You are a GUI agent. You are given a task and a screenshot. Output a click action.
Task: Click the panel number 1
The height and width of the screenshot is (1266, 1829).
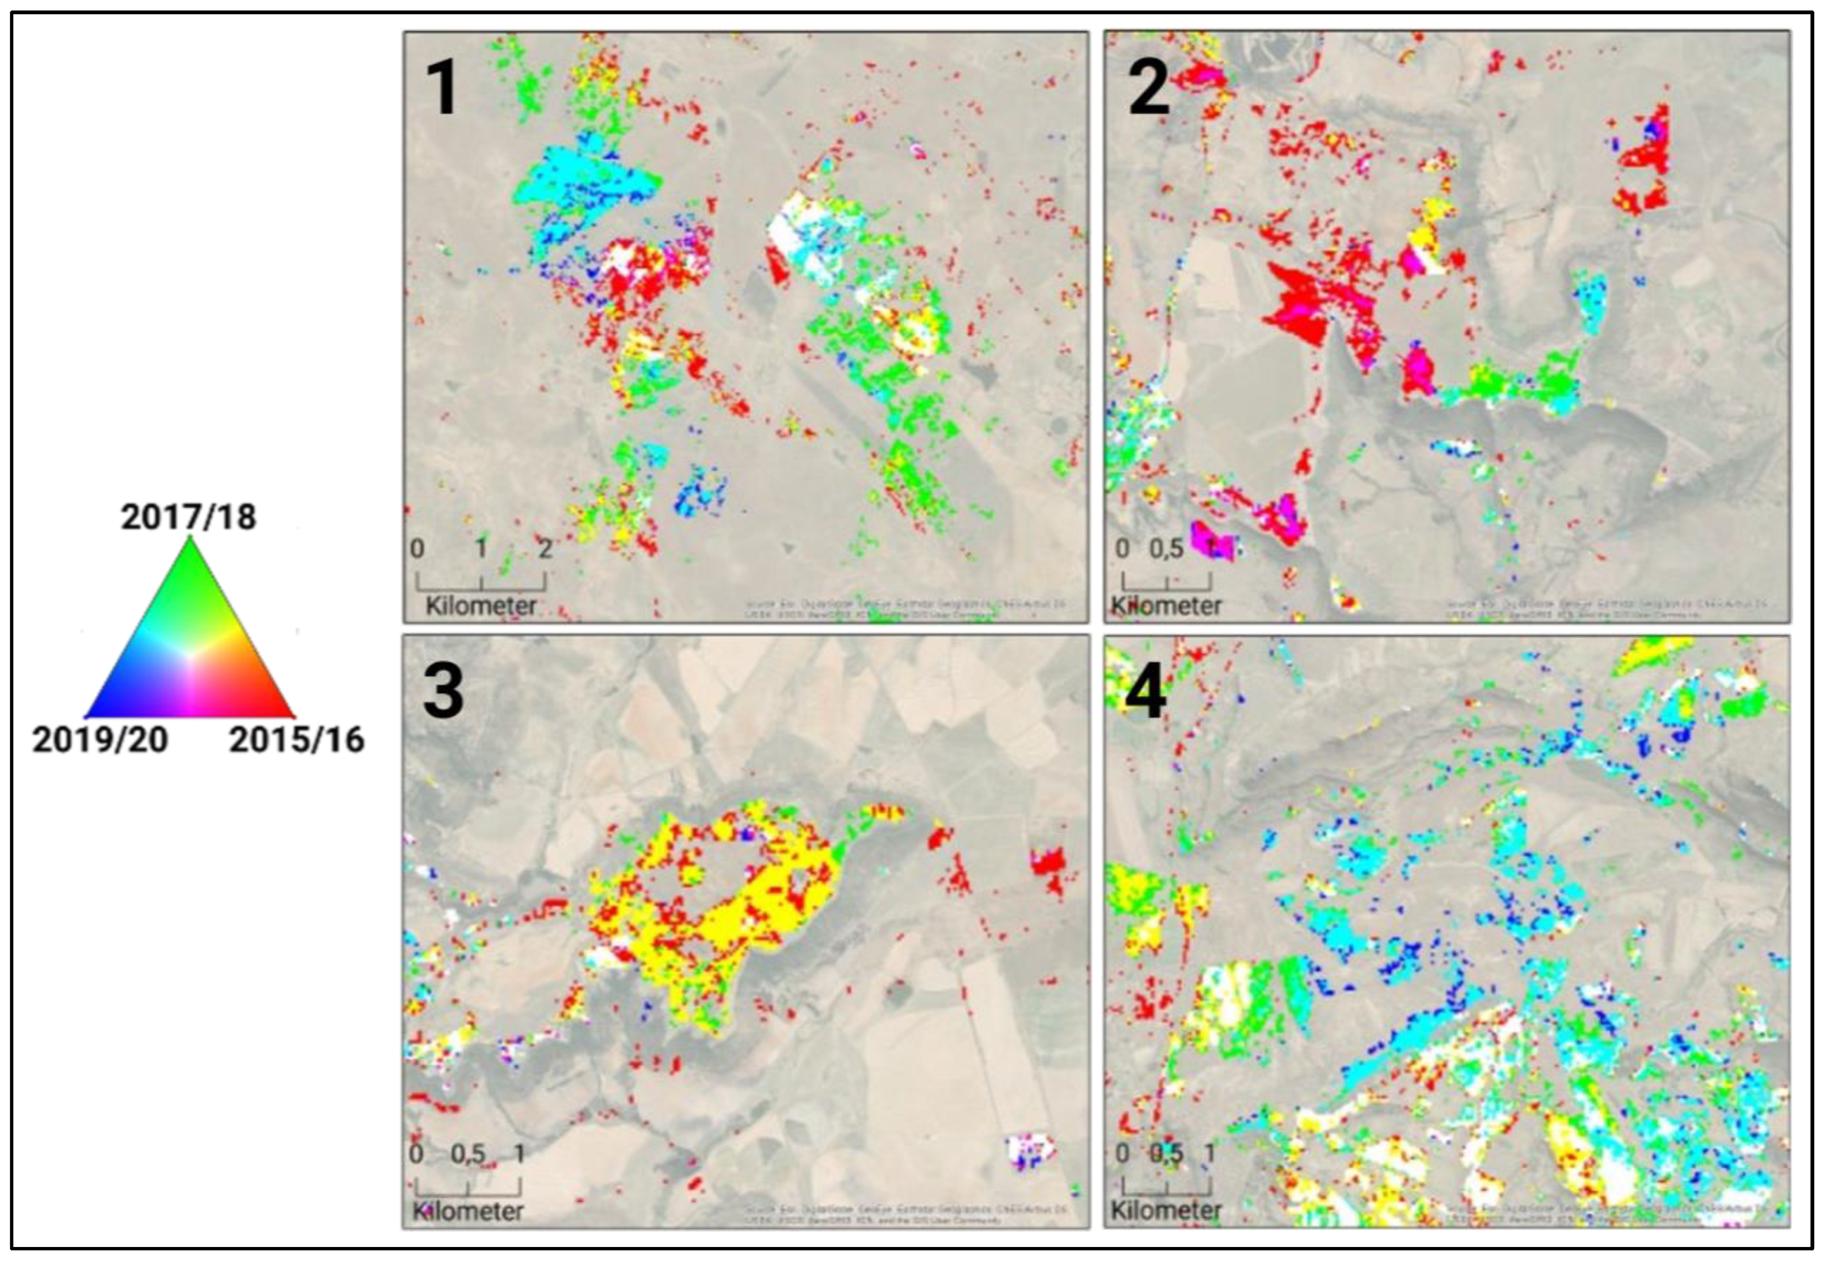(x=441, y=88)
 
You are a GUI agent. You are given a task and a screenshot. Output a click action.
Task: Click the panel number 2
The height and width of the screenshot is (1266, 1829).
(x=1148, y=88)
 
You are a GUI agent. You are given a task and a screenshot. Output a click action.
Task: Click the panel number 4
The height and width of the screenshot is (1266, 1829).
(x=1146, y=692)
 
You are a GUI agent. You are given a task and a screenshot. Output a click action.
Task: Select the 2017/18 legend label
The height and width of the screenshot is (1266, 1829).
(x=189, y=517)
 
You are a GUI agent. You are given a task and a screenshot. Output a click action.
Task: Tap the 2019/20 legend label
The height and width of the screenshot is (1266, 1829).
(x=100, y=739)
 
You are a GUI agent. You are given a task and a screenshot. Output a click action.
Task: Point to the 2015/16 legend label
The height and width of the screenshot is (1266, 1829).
(x=297, y=739)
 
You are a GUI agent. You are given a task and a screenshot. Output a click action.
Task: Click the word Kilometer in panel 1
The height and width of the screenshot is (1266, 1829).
(x=481, y=606)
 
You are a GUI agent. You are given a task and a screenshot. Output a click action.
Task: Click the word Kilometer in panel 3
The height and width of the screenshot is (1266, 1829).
(x=467, y=1211)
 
